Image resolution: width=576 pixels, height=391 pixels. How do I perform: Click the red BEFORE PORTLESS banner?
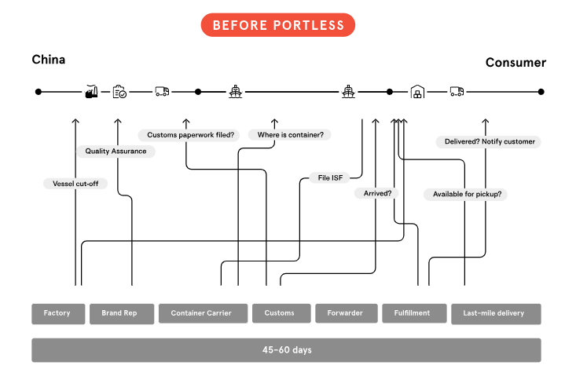(x=277, y=25)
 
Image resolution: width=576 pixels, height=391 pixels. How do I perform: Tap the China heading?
(x=49, y=60)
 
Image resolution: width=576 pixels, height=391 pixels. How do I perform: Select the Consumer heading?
(x=515, y=62)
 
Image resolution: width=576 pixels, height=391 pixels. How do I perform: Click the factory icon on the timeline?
(x=91, y=91)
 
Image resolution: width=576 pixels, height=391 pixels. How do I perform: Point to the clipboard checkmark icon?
(x=119, y=92)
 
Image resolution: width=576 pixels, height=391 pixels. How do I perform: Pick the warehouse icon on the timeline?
(x=417, y=91)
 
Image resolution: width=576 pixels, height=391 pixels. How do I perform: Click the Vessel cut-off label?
(x=75, y=184)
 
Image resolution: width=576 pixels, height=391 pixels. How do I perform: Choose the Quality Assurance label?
(x=116, y=152)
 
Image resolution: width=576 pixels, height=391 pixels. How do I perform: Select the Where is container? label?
(x=290, y=135)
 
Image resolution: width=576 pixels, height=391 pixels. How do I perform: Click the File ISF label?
(x=330, y=177)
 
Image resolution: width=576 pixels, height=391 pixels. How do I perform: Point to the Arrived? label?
(x=377, y=193)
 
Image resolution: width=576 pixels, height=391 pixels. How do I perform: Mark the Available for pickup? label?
(x=467, y=194)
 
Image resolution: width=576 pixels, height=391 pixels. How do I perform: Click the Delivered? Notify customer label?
(x=490, y=141)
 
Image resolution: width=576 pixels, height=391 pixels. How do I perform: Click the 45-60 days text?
(x=287, y=350)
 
